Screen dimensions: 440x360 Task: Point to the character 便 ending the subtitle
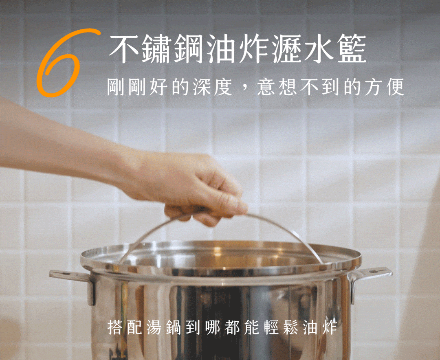[x=395, y=87]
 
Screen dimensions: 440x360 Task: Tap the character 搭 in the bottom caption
[x=115, y=327]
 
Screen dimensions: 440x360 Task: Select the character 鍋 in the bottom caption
[x=174, y=327]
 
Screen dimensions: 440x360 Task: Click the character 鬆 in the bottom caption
[x=291, y=327]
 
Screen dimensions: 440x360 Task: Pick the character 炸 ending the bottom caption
[x=330, y=327]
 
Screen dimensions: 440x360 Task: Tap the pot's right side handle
[x=370, y=278]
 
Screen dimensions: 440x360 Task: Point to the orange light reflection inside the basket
[x=218, y=251]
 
